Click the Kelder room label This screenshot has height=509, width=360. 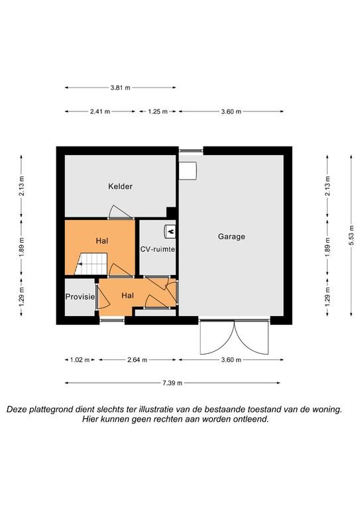120,186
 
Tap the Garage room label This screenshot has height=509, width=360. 231,237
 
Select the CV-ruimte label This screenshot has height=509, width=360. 157,249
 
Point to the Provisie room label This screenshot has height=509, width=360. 80,297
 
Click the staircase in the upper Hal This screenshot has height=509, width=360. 91,264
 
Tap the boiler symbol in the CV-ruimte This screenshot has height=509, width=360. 170,231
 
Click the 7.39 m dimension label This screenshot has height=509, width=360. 172,383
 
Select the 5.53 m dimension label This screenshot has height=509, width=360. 351,235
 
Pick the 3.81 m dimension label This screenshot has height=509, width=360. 120,87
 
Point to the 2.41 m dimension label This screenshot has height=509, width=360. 100,111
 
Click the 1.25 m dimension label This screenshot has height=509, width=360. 158,111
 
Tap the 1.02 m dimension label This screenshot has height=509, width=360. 80,360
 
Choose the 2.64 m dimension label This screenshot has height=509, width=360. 137,360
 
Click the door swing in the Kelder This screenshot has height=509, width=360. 121,211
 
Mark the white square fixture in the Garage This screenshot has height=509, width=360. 188,171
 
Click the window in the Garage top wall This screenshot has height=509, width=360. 191,150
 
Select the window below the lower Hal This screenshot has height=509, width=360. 112,320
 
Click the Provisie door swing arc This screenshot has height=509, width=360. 105,296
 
